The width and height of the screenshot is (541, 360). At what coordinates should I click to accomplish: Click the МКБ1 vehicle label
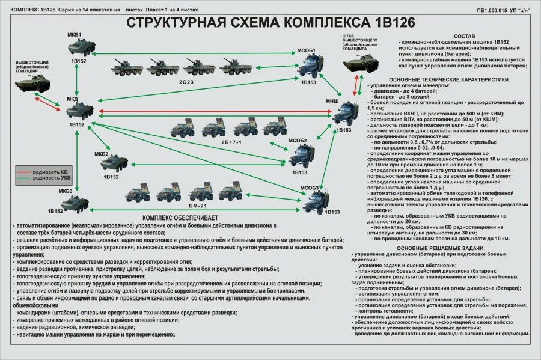[x=74, y=35]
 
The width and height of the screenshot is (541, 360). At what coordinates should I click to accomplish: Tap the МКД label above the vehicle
[x=72, y=99]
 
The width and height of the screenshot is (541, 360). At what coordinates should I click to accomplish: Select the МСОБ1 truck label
[x=307, y=50]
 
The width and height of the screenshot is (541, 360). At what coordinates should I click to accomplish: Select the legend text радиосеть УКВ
[x=52, y=178]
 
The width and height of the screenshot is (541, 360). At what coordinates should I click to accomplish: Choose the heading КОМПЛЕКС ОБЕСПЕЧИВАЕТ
[x=180, y=217]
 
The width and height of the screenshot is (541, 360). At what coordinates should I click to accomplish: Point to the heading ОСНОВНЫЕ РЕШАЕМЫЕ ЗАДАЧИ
[x=444, y=248]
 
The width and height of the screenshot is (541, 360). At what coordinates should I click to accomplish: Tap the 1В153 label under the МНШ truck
[x=343, y=130]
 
